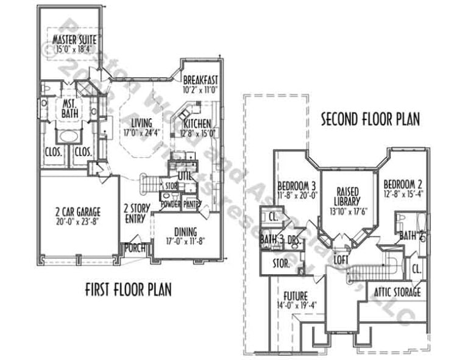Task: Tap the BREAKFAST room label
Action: tap(200, 80)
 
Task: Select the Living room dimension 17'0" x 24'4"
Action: tap(141, 132)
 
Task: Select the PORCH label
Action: tap(135, 248)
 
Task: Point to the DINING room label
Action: tap(185, 231)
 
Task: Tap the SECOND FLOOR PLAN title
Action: tap(370, 119)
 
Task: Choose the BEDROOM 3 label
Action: tap(296, 185)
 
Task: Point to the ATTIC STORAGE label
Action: tap(393, 292)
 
